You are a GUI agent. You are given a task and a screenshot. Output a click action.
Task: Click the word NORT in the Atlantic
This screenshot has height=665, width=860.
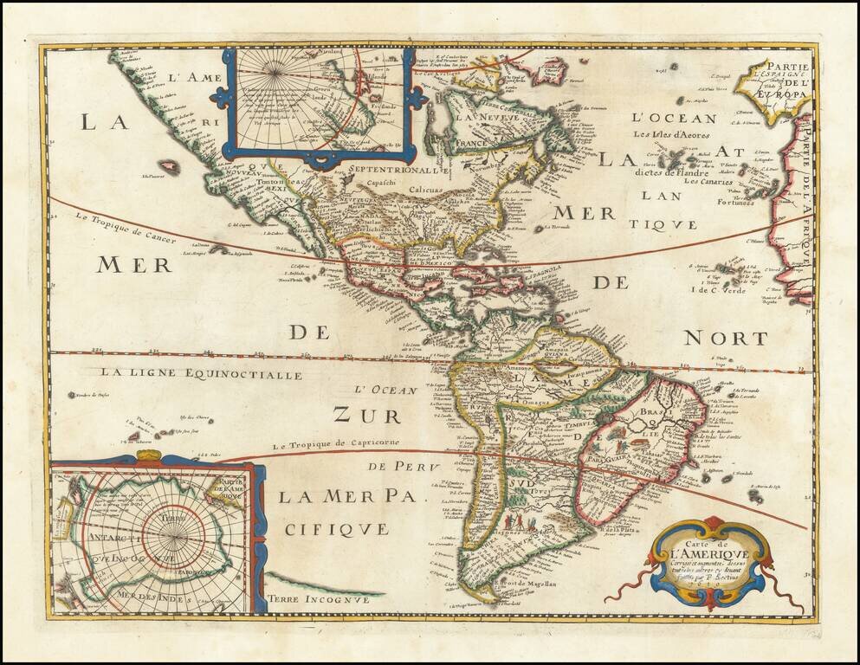(726, 339)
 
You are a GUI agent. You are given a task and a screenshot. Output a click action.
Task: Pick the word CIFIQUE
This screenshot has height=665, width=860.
(333, 527)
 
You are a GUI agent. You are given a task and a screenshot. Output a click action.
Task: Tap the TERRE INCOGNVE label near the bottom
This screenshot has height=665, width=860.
(324, 598)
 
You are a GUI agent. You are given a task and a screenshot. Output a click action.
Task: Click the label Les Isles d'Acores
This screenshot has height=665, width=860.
(677, 134)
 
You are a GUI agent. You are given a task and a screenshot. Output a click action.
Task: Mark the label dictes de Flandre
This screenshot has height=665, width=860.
(677, 171)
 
